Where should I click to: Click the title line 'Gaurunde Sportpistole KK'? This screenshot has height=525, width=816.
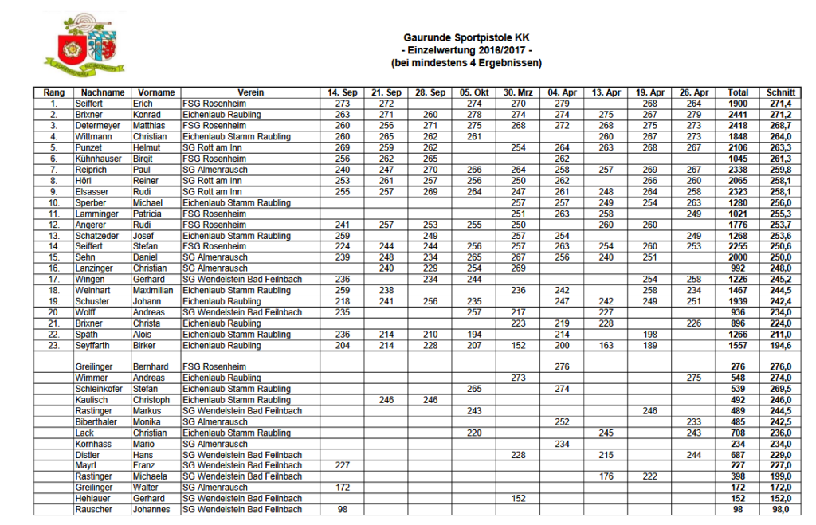pyautogui.click(x=466, y=37)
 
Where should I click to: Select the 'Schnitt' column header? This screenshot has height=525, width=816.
pyautogui.click(x=779, y=93)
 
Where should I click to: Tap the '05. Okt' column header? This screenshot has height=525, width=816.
pyautogui.click(x=475, y=93)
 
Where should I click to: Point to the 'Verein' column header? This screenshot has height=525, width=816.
pyautogui.click(x=250, y=93)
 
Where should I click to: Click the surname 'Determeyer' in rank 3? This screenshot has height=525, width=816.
pyautogui.click(x=98, y=126)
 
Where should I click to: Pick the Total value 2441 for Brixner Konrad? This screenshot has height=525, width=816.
pyautogui.click(x=738, y=115)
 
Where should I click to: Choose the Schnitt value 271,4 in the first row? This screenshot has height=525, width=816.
pyautogui.click(x=779, y=104)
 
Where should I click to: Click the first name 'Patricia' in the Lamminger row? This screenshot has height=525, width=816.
pyautogui.click(x=148, y=214)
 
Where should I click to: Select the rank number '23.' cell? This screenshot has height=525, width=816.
pyautogui.click(x=53, y=346)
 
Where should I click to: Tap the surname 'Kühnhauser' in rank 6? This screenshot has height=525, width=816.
pyautogui.click(x=99, y=159)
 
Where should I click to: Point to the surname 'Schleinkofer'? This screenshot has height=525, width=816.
pyautogui.click(x=101, y=389)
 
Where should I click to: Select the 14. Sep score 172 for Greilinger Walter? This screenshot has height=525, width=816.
pyautogui.click(x=343, y=488)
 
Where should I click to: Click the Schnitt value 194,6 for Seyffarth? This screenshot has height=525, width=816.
pyautogui.click(x=779, y=346)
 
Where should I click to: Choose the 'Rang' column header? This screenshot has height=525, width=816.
pyautogui.click(x=53, y=93)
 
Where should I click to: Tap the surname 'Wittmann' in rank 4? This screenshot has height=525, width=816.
pyautogui.click(x=95, y=137)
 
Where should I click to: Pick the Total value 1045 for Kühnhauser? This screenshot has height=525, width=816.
pyautogui.click(x=738, y=159)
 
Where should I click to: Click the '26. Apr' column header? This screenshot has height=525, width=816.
pyautogui.click(x=694, y=93)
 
